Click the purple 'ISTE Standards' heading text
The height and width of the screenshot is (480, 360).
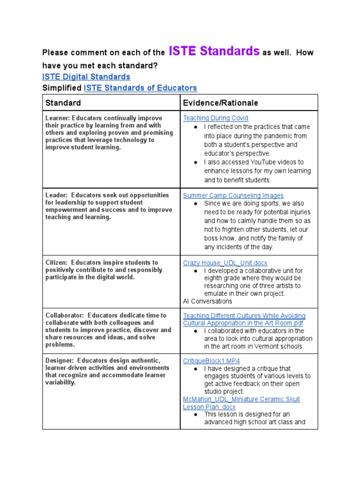(x=213, y=51)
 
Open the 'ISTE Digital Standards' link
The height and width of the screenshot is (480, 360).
(x=86, y=76)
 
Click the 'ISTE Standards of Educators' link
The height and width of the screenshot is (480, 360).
(x=140, y=88)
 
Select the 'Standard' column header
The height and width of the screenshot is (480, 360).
(x=63, y=103)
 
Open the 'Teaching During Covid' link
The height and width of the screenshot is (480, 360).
(x=216, y=118)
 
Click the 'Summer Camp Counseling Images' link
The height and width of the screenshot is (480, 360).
(x=233, y=195)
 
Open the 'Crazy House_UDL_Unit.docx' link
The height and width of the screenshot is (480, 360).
(x=225, y=263)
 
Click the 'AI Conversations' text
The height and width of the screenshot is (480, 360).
(x=207, y=301)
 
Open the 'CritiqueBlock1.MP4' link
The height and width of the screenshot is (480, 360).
(x=211, y=360)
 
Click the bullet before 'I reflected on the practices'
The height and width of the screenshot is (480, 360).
(x=195, y=127)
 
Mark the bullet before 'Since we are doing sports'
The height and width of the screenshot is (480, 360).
(x=195, y=204)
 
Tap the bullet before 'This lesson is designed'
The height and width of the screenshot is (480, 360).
(x=195, y=414)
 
